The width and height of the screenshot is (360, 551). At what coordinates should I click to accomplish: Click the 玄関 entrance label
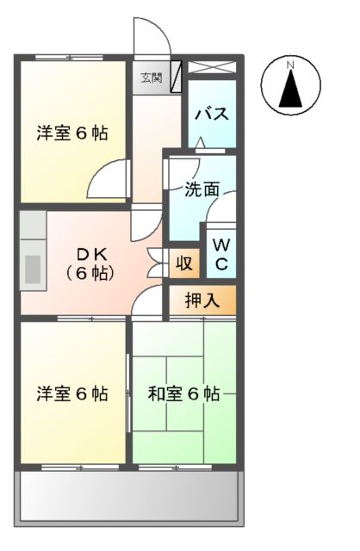[151, 77]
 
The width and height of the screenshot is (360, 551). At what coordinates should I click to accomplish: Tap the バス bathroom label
[211, 114]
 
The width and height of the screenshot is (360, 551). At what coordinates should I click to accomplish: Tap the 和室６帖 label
[183, 394]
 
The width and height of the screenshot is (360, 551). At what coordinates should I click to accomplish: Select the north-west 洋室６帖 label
[72, 133]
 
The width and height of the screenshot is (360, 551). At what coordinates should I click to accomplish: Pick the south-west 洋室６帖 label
[72, 394]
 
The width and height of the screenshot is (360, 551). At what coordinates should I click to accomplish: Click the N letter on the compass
[290, 65]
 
